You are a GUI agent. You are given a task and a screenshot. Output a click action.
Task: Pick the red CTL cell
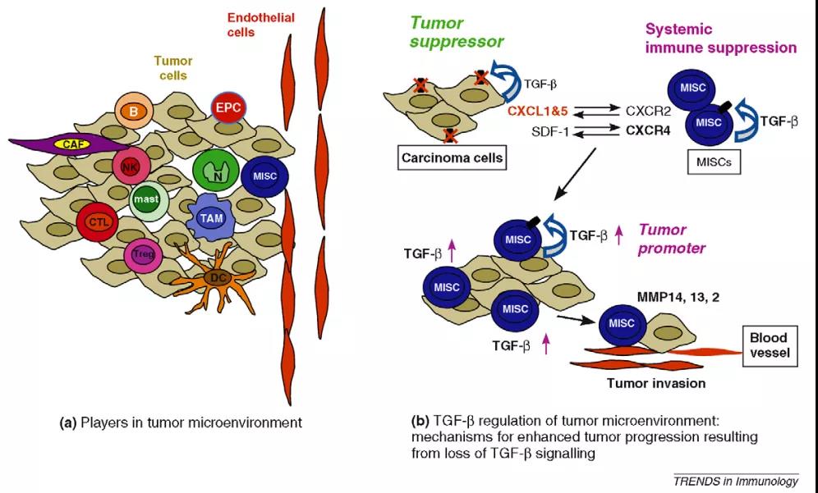pos(93,221)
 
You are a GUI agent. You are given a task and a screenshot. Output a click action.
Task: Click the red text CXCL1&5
pos(538,112)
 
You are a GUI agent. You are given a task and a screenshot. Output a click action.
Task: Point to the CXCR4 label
pos(650,130)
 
